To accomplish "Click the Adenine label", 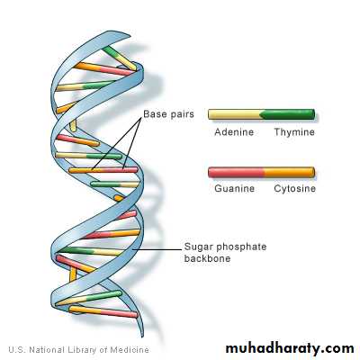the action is coord(234,132).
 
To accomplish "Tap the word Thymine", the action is coord(294,132).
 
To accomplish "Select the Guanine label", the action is coord(234,188).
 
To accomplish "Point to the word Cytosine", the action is coord(295,189).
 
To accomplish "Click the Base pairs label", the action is coord(168,114).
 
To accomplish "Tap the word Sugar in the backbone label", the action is coord(199,247).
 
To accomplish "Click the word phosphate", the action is coord(241,247).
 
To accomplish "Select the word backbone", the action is coord(207,258).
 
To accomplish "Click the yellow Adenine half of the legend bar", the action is coord(235,114).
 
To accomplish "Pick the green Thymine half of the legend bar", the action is coord(288,114).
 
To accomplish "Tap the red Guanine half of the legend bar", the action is coord(236,172).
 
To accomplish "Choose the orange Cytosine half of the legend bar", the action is coord(289,172).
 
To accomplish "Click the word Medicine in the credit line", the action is coord(130,350).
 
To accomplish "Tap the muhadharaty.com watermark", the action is coord(290,348).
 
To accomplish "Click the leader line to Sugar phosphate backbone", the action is coord(157,249).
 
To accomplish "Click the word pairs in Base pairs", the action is coord(181,114).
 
